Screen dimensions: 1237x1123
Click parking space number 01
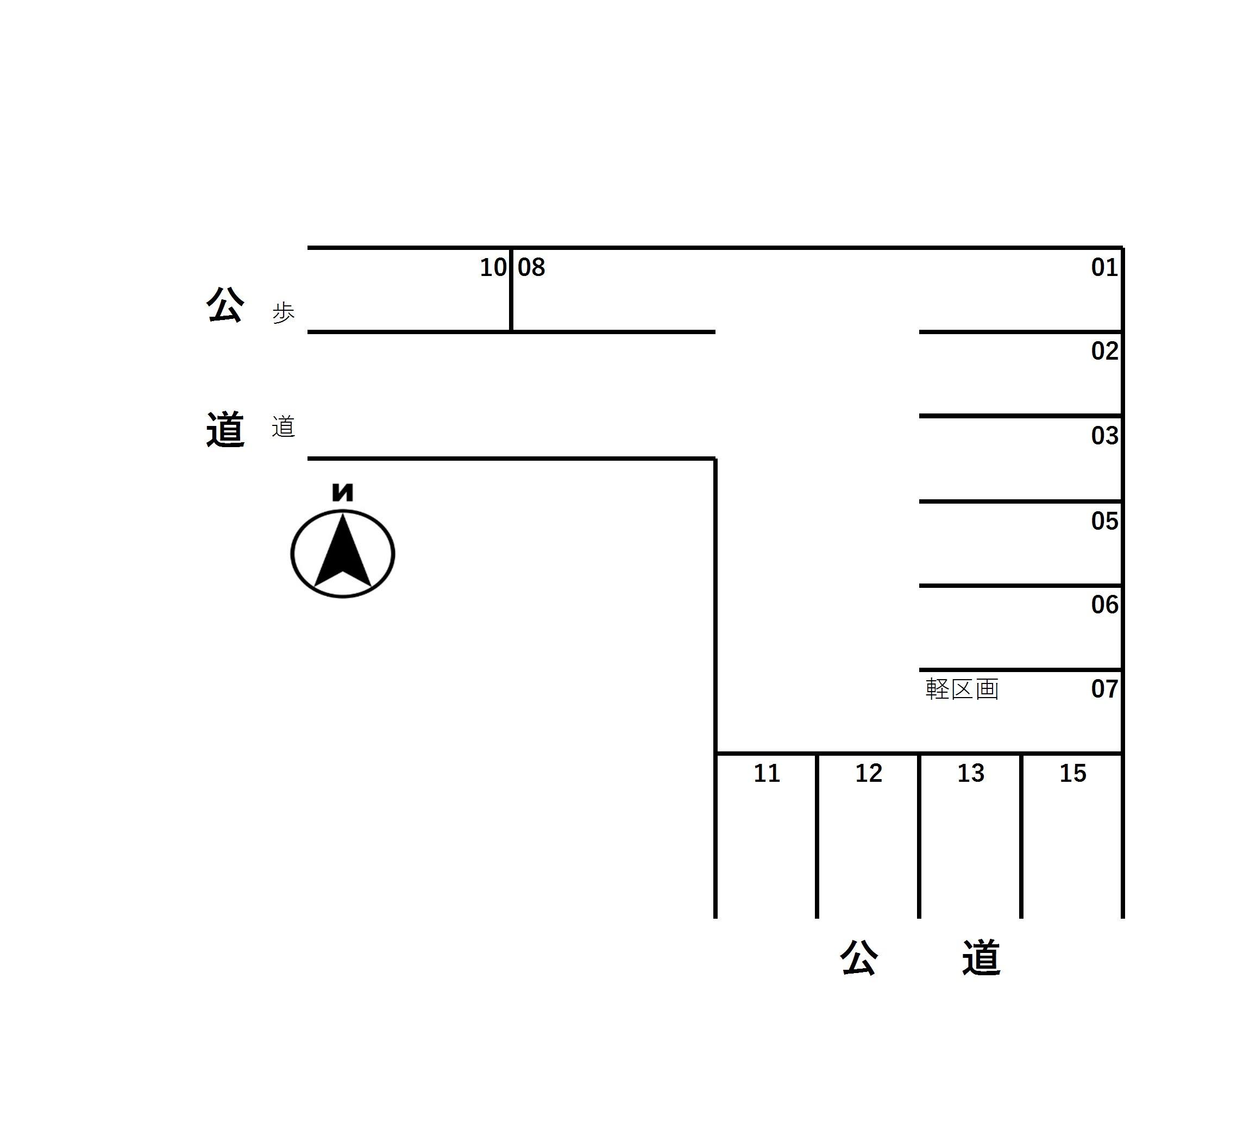[1104, 267]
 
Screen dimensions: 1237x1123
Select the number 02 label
[1104, 351]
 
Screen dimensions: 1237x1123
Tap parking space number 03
[1104, 436]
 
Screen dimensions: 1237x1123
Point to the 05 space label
[1104, 521]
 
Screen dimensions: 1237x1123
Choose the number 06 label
[1104, 605]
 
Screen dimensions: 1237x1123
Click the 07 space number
[1104, 689]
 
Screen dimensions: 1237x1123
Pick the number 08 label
[531, 267]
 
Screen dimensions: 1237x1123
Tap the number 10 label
[493, 267]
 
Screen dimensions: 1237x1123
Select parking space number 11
[767, 773]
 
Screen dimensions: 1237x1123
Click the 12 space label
[869, 773]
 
